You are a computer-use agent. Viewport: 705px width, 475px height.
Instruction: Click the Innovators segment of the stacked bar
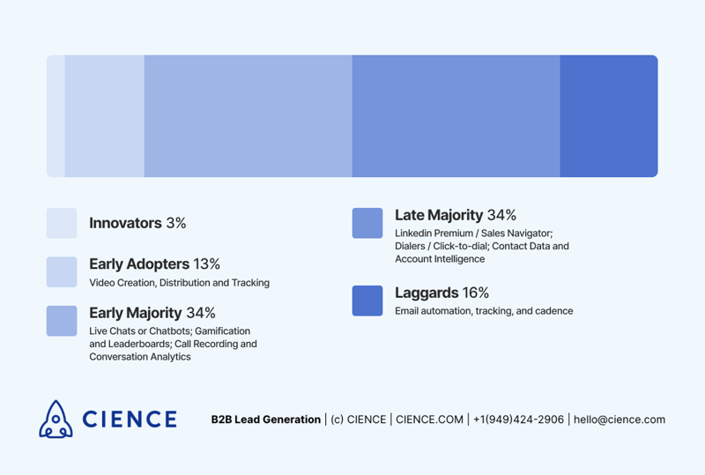pyautogui.click(x=56, y=116)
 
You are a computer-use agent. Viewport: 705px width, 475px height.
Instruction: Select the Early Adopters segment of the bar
pyautogui.click(x=105, y=116)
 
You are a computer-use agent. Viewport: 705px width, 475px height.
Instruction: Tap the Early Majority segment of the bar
pyautogui.click(x=249, y=116)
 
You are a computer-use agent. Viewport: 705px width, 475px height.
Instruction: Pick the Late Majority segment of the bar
pyautogui.click(x=456, y=116)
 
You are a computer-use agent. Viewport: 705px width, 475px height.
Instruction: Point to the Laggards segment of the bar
pyautogui.click(x=609, y=116)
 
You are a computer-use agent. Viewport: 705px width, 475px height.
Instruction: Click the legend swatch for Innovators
pyautogui.click(x=62, y=223)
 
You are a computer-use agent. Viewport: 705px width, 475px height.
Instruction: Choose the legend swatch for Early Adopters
pyautogui.click(x=62, y=272)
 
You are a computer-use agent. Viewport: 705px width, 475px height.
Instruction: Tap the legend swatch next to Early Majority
pyautogui.click(x=62, y=321)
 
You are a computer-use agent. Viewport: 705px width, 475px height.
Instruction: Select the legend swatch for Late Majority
pyautogui.click(x=367, y=223)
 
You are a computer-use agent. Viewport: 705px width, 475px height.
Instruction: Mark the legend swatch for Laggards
pyautogui.click(x=367, y=301)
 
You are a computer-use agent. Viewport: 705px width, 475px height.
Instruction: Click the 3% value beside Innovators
pyautogui.click(x=176, y=223)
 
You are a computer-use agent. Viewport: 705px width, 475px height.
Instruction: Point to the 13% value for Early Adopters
pyautogui.click(x=207, y=264)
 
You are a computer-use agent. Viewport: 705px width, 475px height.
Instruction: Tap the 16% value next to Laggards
pyautogui.click(x=476, y=293)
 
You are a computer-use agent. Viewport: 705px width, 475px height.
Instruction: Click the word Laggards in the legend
pyautogui.click(x=427, y=293)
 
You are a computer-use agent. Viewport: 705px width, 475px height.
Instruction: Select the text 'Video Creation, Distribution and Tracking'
pyautogui.click(x=180, y=283)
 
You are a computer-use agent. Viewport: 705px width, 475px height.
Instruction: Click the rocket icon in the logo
pyautogui.click(x=56, y=419)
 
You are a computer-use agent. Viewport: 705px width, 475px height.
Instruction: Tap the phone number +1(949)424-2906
pyautogui.click(x=518, y=419)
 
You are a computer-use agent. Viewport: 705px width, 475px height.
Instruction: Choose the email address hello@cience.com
pyautogui.click(x=620, y=419)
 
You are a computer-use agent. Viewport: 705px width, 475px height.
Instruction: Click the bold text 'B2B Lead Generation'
pyautogui.click(x=266, y=419)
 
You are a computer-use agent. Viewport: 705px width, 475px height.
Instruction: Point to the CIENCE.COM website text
pyautogui.click(x=429, y=419)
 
